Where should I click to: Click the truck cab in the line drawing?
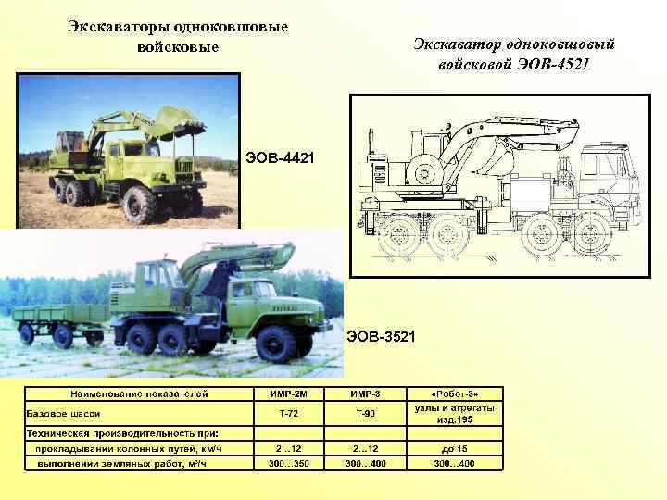coord(607,181)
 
